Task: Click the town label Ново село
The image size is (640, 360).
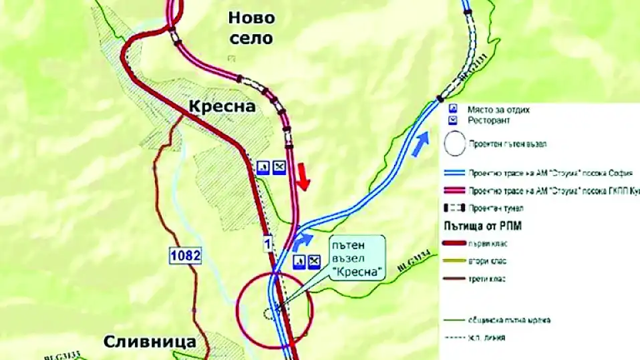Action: pyautogui.click(x=251, y=28)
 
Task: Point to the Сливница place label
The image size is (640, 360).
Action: pyautogui.click(x=150, y=342)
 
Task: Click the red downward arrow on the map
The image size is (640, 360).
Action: pyautogui.click(x=303, y=175)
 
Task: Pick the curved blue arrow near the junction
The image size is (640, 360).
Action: pyautogui.click(x=302, y=241)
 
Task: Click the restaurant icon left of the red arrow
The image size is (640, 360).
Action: pyautogui.click(x=279, y=167)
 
